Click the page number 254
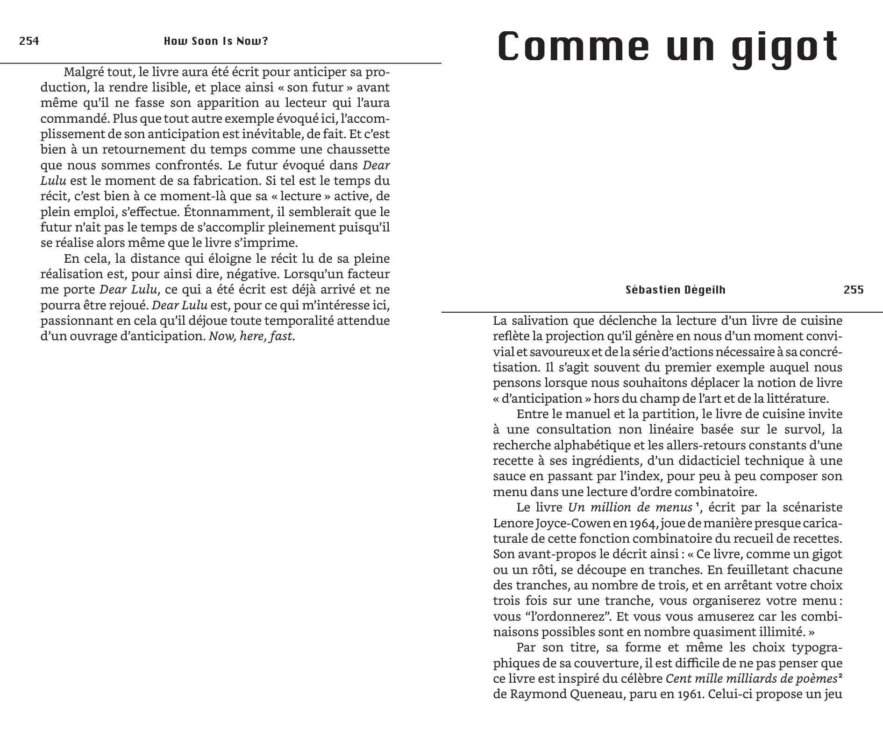(29, 41)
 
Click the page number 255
(854, 290)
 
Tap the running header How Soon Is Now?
(216, 41)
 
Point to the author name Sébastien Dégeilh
(676, 290)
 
